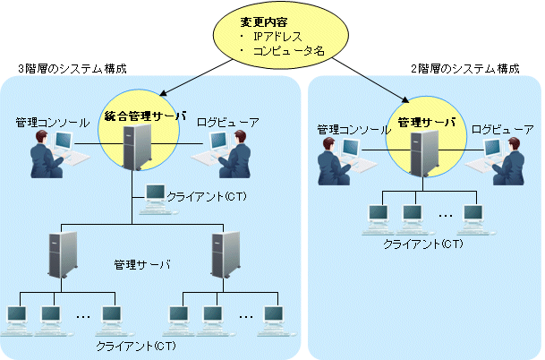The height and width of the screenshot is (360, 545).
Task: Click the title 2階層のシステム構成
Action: (465, 68)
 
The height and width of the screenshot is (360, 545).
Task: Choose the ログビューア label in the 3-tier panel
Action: (228, 120)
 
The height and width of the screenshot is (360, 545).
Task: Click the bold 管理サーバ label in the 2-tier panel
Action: (426, 122)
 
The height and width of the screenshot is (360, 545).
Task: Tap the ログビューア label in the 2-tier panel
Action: (502, 130)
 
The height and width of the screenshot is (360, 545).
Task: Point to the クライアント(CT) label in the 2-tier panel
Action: (423, 244)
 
